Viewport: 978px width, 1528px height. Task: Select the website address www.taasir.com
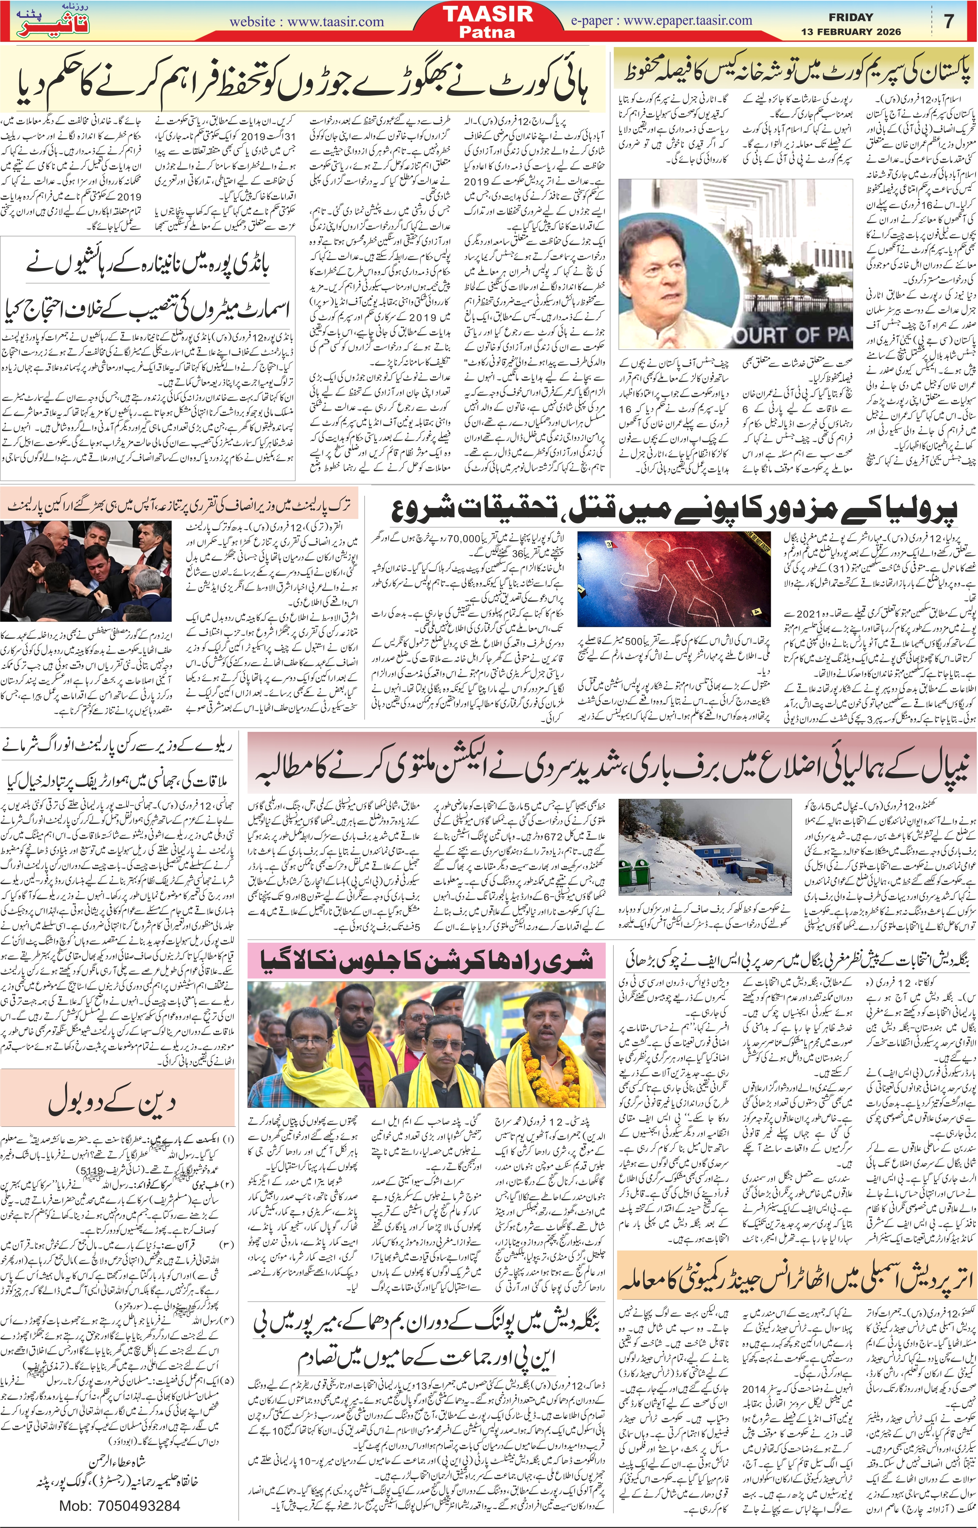pos(307,22)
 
